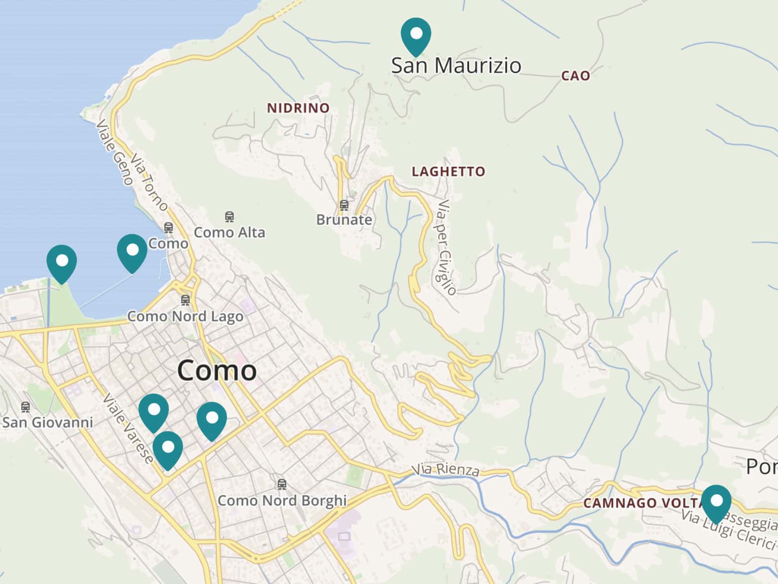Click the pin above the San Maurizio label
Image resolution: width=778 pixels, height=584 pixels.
416,35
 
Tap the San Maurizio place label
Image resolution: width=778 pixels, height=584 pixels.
456,65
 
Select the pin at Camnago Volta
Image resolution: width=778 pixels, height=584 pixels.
716,503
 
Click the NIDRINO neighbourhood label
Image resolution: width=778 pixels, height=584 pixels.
298,108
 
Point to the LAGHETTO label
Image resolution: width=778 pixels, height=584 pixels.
448,172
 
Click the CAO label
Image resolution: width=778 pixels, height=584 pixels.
575,76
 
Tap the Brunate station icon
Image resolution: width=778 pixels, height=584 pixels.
344,205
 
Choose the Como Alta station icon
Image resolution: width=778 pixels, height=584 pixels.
229,217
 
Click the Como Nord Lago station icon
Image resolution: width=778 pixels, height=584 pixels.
185,300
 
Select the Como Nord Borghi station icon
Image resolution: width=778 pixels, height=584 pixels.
282,485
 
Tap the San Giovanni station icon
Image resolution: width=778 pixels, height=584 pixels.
25,407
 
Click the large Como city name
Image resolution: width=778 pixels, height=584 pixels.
217,370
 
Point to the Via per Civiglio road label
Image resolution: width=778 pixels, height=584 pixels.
445,247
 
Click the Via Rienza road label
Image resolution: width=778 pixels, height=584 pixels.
445,470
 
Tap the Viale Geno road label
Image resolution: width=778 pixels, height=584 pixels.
114,153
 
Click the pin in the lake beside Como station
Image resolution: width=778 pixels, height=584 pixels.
132,252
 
